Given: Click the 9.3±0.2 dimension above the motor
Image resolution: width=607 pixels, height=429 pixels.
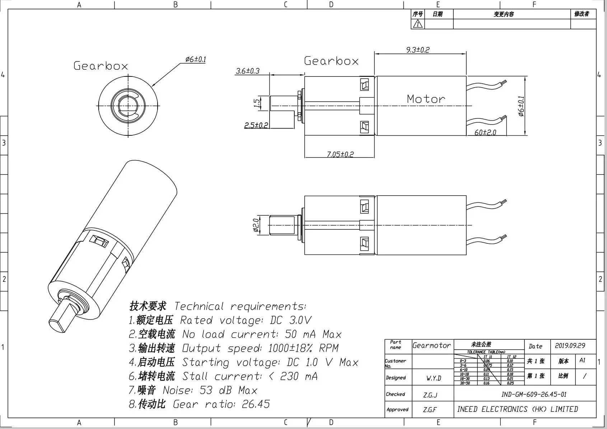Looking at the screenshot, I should point(417,50).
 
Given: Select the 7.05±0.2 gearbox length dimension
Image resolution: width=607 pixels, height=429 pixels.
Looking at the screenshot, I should point(340,154).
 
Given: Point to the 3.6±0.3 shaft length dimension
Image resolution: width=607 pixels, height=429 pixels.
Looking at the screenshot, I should point(248,71).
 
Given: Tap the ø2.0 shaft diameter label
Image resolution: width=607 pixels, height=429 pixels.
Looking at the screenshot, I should point(256,225).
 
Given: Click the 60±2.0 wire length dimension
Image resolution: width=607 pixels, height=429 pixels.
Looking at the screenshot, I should point(485,132).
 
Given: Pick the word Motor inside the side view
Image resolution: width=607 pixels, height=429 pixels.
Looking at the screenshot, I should point(426,99).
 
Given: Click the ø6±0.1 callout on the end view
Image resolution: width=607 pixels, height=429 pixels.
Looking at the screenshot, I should point(196,59).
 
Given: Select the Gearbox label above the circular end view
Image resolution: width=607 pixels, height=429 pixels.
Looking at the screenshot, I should point(101,66).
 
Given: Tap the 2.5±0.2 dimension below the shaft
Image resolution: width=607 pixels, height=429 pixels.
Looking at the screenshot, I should point(256,125).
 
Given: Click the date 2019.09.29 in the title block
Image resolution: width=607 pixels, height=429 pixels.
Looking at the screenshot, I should point(570,346).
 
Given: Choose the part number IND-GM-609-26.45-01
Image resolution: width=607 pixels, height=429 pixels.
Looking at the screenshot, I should point(534,394).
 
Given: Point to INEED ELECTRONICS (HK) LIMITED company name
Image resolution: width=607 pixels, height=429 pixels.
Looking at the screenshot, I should point(517,409).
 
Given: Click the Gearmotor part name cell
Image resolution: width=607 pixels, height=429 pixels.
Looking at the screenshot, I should point(431,345).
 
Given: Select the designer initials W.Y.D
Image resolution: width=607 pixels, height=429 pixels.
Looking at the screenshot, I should point(434,378).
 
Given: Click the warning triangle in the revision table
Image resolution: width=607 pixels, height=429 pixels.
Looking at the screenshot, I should point(417,24).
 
